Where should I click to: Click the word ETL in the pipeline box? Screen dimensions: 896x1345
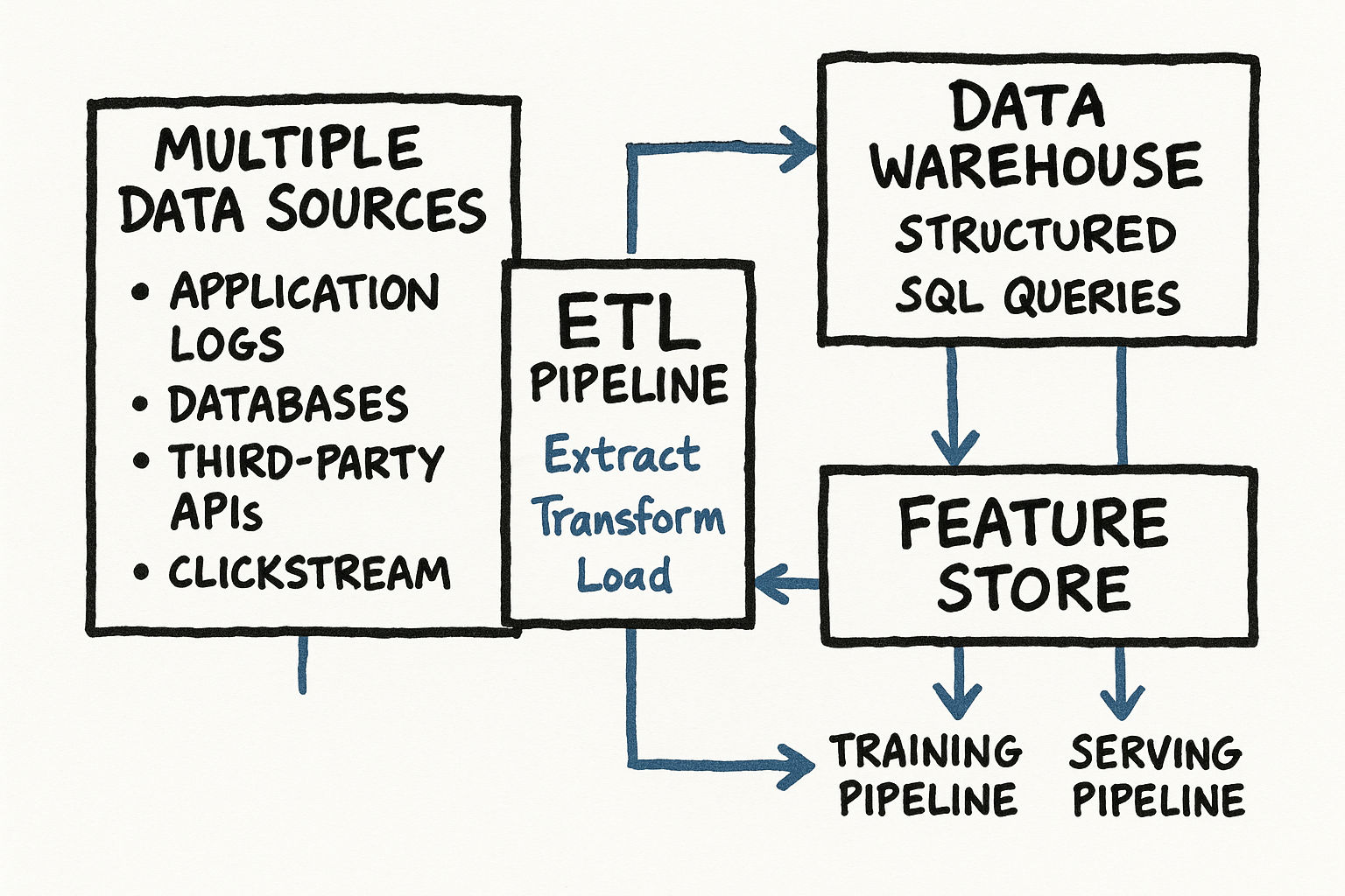point(628,325)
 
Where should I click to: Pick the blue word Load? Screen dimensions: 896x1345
point(624,575)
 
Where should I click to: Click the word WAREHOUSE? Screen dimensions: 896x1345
point(1036,165)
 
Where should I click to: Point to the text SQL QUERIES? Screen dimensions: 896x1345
point(1038,298)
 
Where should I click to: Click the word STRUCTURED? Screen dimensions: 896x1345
point(1036,234)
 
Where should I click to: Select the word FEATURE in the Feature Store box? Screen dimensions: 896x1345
point(1033,523)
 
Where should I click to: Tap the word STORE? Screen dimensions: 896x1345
point(1033,588)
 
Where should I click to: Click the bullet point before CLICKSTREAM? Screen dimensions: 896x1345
point(141,573)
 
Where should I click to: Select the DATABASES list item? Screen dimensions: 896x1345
point(288,404)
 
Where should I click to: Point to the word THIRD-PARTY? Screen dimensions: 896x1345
point(306,461)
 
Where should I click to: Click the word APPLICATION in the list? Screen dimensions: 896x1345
point(305,292)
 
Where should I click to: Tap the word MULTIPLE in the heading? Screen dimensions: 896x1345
point(289,149)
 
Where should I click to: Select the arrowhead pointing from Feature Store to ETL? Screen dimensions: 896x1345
point(771,584)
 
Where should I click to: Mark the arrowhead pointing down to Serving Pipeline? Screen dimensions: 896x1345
point(1122,700)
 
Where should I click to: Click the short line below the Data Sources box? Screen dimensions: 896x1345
point(303,664)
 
